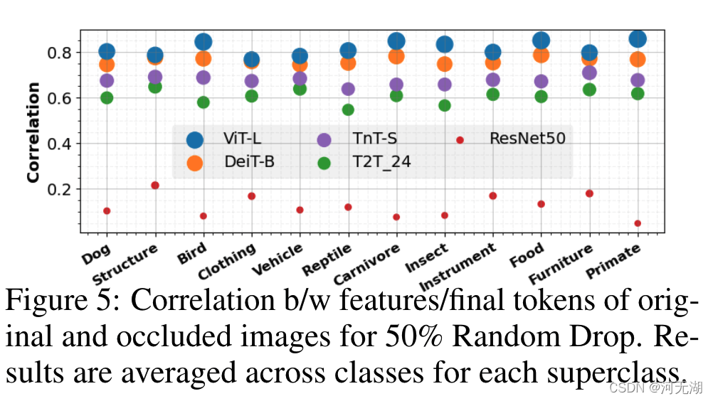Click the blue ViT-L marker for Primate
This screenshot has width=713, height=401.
(x=638, y=39)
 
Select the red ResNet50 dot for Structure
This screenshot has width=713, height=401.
(x=155, y=186)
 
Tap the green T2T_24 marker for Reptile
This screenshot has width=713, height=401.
(x=348, y=109)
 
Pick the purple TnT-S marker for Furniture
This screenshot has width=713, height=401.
(x=589, y=73)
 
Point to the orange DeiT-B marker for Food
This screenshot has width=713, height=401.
(x=541, y=55)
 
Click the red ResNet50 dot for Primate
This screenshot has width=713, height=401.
(x=638, y=223)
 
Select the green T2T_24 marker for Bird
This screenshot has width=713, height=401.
(x=204, y=102)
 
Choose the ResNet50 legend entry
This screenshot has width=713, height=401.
(x=512, y=139)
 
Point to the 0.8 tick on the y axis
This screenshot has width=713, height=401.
(x=60, y=53)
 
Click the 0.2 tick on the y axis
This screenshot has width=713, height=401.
(x=60, y=189)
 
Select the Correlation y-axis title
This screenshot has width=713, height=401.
(x=33, y=132)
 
